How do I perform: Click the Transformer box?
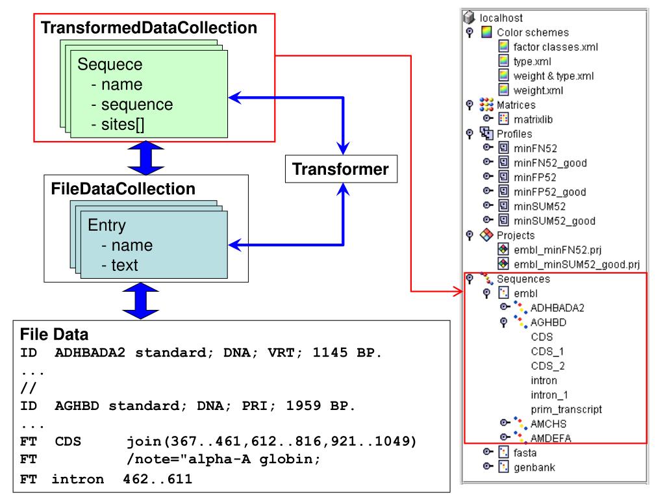(x=341, y=169)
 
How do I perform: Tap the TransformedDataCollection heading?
(x=149, y=27)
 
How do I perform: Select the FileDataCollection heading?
(x=123, y=189)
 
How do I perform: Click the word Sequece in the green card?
(x=110, y=64)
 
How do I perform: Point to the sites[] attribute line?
(x=118, y=124)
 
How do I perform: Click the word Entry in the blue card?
(x=107, y=225)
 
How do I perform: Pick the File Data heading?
(x=55, y=335)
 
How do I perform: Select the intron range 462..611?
(x=157, y=480)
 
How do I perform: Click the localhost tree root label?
(x=501, y=18)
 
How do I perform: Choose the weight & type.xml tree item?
(x=553, y=76)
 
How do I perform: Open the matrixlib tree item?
(x=533, y=120)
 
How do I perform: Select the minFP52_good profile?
(x=550, y=192)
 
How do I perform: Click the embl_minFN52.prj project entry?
(x=557, y=250)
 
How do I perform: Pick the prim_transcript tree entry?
(x=566, y=409)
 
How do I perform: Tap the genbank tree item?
(x=534, y=467)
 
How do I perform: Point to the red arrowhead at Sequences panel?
(x=458, y=291)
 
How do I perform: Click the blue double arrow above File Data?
(x=140, y=301)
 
